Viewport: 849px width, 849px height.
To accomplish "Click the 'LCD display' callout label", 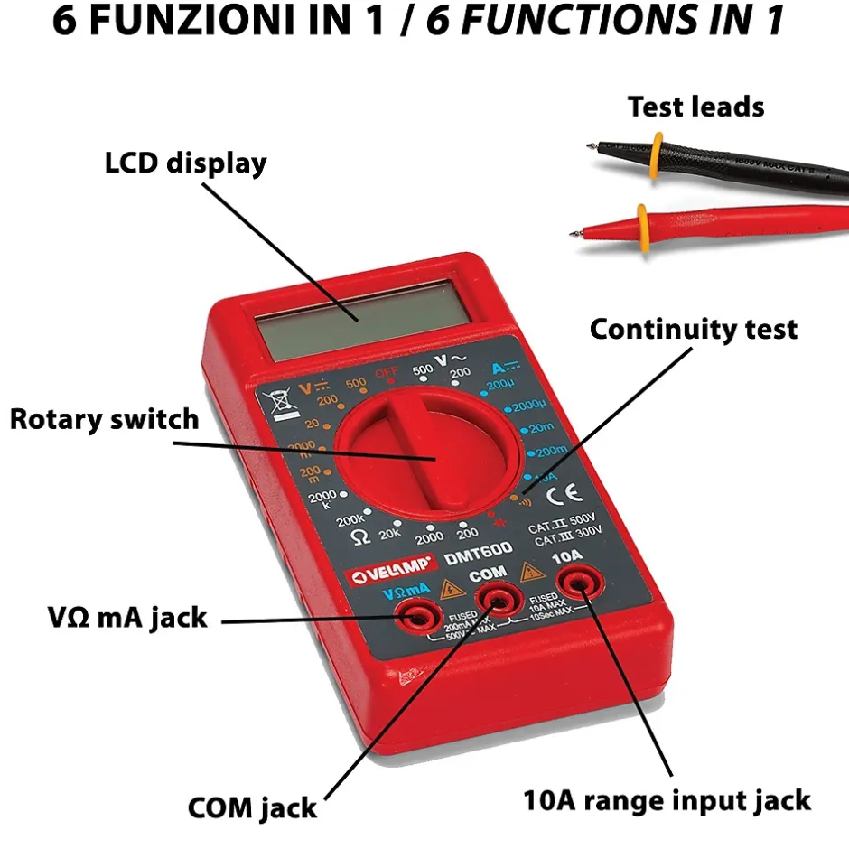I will click(186, 163).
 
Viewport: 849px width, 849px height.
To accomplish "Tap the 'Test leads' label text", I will click(695, 107).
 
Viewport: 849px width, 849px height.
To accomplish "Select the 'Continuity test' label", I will click(694, 330).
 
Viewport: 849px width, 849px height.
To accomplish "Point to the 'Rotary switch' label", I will click(104, 419).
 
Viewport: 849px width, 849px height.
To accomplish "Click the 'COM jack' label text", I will click(252, 807).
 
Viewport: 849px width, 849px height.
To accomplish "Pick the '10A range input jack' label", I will click(667, 799).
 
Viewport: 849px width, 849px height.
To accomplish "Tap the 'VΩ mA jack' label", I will click(127, 618).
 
